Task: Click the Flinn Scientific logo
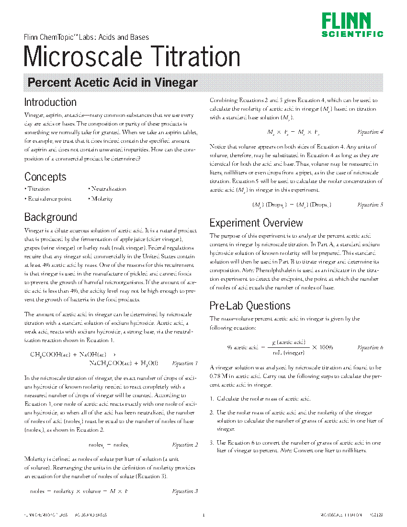pos(352,25)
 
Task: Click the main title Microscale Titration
pos(132,57)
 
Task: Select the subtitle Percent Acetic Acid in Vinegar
pos(113,82)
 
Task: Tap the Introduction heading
pos(50,102)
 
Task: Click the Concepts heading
pos(45,177)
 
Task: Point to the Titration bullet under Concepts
pos(38,189)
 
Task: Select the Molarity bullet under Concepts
pos(102,199)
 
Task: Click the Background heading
pos(51,217)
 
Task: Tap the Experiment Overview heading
pos(256,223)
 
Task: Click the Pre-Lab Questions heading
pos(250,306)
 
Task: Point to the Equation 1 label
pos(185,363)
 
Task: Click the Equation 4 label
pos(370,132)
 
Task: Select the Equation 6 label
pos(370,347)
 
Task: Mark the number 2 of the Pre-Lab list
pos(212,412)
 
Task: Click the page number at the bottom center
pos(203,516)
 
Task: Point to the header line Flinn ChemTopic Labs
pos(86,37)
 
